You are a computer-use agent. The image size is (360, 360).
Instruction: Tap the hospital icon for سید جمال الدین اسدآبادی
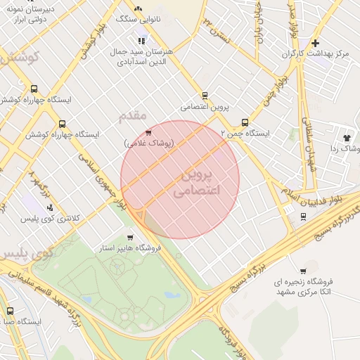(x=143, y=39)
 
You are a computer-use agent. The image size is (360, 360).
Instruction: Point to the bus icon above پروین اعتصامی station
(x=205, y=95)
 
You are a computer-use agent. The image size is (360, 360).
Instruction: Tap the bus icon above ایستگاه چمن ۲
(x=245, y=122)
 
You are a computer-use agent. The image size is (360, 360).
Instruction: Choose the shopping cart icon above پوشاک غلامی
(x=148, y=132)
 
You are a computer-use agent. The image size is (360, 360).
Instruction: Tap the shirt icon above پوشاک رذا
(x=347, y=138)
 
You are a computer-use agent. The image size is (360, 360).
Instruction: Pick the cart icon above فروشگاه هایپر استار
(x=130, y=238)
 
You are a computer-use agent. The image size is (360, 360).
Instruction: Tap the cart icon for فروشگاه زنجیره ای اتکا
(x=303, y=271)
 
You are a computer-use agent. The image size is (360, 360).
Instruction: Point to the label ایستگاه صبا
(x=21, y=321)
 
